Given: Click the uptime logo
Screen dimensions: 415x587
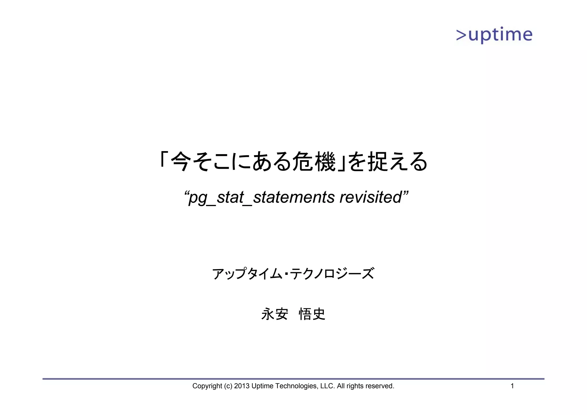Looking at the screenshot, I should click(x=494, y=35).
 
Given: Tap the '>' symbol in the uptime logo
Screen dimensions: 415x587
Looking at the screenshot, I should click(x=461, y=35).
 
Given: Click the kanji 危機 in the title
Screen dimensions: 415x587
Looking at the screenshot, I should click(x=314, y=162).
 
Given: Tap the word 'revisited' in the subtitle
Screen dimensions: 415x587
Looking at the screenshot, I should click(x=371, y=197).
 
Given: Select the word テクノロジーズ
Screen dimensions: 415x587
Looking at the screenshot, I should click(x=332, y=274).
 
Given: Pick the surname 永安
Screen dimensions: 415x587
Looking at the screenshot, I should click(x=275, y=314).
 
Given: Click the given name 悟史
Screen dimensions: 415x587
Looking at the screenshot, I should click(x=312, y=314).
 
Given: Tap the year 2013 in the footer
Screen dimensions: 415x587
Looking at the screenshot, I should click(x=242, y=386).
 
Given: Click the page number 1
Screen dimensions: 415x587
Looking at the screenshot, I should click(x=512, y=386).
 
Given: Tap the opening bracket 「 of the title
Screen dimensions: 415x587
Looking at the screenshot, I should click(x=163, y=159).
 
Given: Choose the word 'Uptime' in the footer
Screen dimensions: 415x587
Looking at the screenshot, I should click(x=262, y=386).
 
